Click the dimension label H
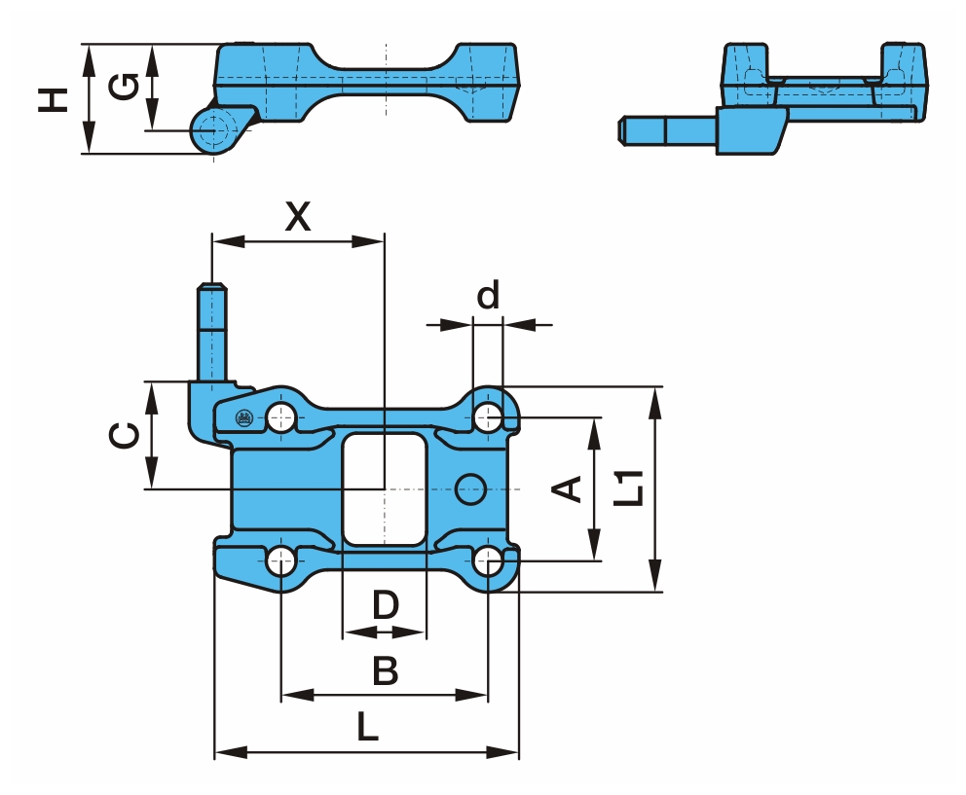point(55,98)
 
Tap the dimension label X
point(298,217)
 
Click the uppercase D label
point(386,605)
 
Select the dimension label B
point(386,670)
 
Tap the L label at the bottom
point(366,727)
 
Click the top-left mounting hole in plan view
point(282,418)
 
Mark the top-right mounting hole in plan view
point(489,418)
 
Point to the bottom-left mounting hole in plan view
point(281,560)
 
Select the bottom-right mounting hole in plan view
point(489,560)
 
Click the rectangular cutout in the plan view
point(385,488)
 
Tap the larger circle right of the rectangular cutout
point(472,488)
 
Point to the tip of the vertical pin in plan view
point(212,287)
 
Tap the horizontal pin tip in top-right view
point(624,127)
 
